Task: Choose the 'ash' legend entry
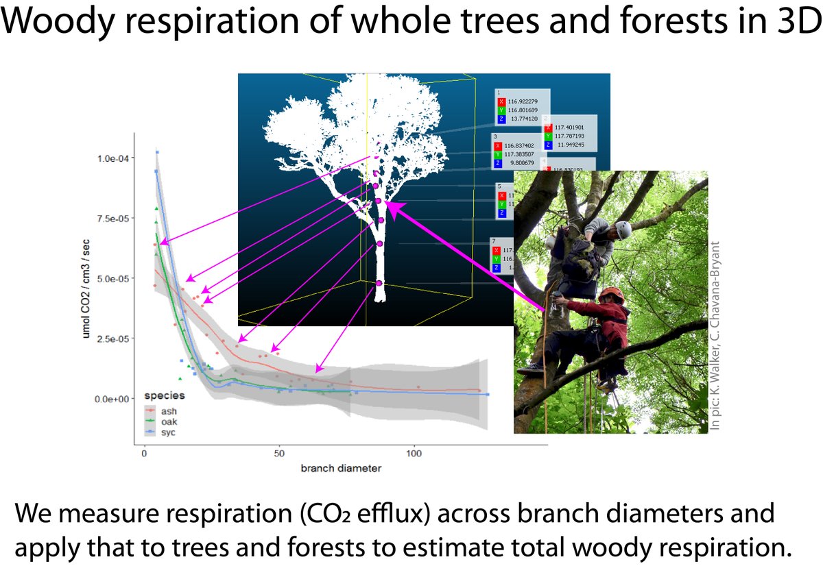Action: pyautogui.click(x=169, y=410)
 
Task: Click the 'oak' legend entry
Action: pyautogui.click(x=169, y=422)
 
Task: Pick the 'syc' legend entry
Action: pyautogui.click(x=169, y=433)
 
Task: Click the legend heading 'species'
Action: pyautogui.click(x=164, y=396)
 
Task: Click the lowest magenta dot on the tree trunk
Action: pyautogui.click(x=379, y=283)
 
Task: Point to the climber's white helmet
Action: pyautogui.click(x=622, y=228)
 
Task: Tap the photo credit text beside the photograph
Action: pyautogui.click(x=717, y=336)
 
